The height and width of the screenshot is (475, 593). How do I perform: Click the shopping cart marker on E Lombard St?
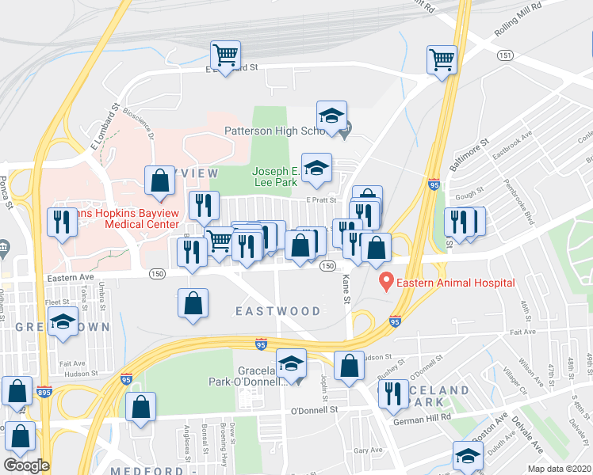click(x=226, y=56)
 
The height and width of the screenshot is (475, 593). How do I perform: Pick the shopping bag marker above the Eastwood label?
click(x=193, y=303)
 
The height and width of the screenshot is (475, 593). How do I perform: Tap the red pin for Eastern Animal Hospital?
click(x=386, y=280)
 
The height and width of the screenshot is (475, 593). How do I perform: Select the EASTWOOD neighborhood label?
click(x=277, y=311)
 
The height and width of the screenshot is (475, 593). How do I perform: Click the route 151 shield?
click(x=504, y=55)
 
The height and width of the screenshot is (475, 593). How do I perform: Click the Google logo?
click(x=26, y=465)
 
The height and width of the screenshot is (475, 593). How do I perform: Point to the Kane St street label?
click(x=346, y=290)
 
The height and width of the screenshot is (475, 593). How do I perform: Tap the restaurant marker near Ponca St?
click(x=60, y=222)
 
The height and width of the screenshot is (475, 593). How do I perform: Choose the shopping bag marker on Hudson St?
click(x=349, y=366)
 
